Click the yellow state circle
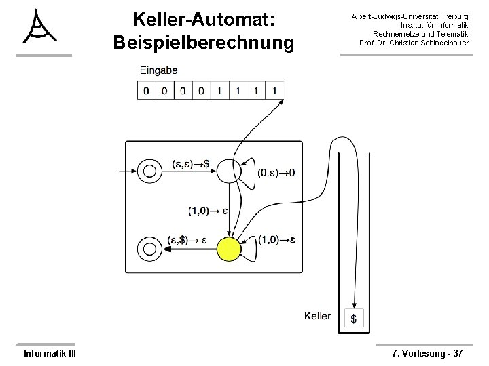coord(229,249)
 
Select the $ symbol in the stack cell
coord(354,318)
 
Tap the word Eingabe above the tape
coord(159,70)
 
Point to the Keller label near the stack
coord(318,316)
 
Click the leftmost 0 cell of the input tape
coord(146,90)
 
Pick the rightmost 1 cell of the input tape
coord(274,90)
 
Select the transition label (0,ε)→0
coord(276,173)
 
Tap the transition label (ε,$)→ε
coord(188,239)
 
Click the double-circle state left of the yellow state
coord(148,249)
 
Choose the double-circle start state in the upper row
coord(148,170)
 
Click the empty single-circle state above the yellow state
coord(229,171)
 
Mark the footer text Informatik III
coord(50,353)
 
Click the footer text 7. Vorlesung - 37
coord(427,353)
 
